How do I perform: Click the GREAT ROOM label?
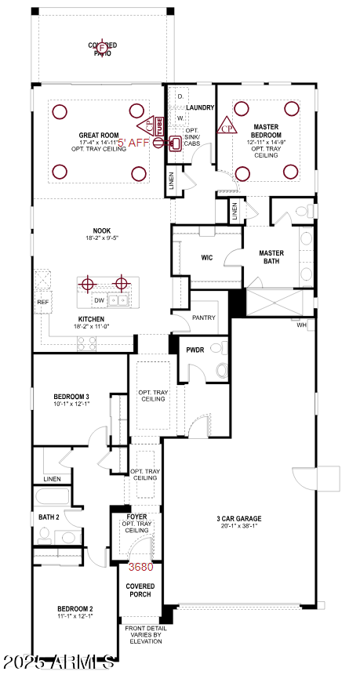click(98, 136)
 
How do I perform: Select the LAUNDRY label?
click(201, 107)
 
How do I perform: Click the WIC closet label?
click(207, 256)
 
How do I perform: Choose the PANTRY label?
click(205, 317)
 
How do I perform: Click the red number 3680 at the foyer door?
click(141, 567)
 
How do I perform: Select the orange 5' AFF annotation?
click(133, 143)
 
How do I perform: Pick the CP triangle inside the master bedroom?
click(227, 127)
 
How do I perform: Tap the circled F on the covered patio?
click(102, 49)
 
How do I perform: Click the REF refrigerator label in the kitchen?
click(42, 301)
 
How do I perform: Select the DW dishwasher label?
click(99, 300)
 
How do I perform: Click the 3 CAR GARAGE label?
click(239, 519)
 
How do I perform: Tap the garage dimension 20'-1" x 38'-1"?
click(239, 528)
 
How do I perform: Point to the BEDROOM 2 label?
click(75, 608)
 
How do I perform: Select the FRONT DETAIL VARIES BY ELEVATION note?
click(141, 635)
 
